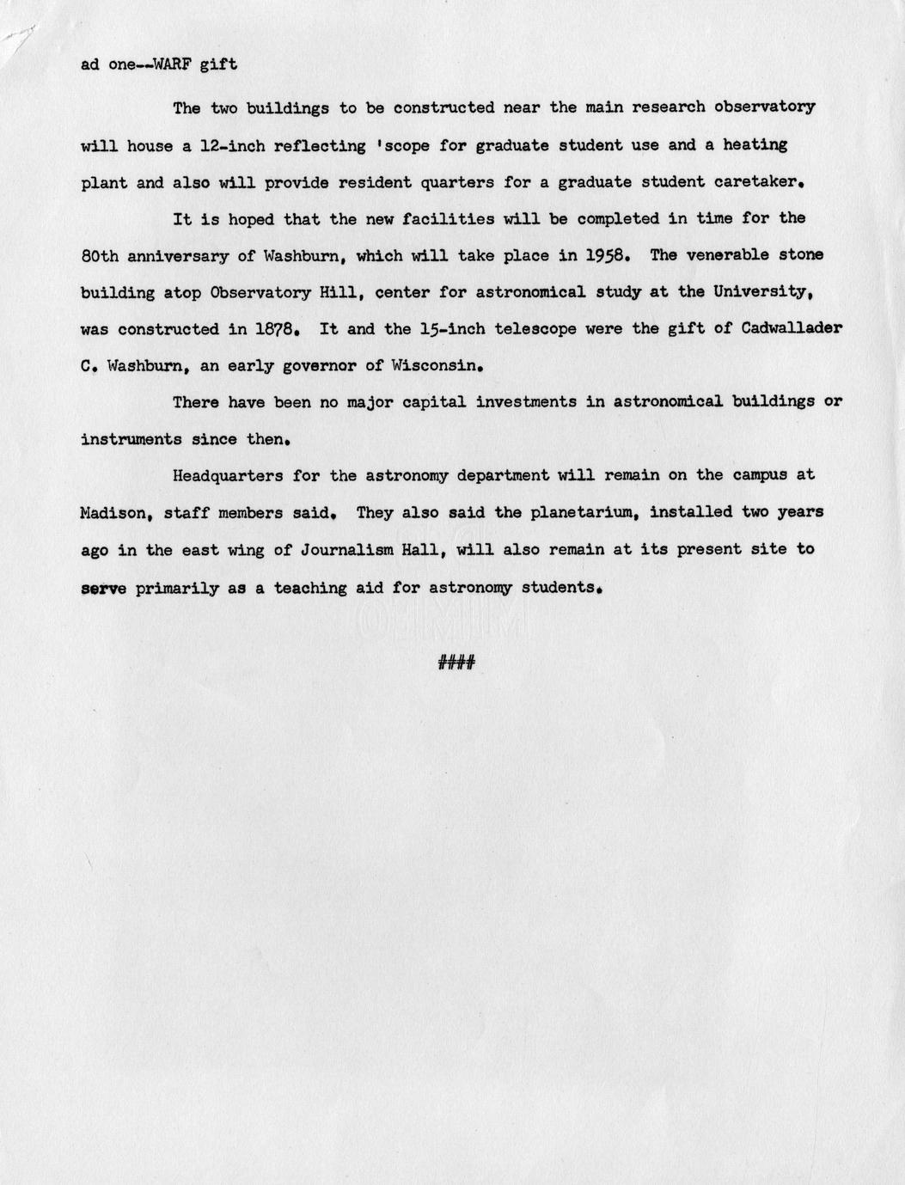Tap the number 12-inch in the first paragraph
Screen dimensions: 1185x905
[231, 145]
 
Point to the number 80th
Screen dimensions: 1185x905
[99, 255]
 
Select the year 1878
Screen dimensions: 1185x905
[278, 329]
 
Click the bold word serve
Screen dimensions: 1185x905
[103, 588]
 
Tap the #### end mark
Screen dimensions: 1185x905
[456, 662]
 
